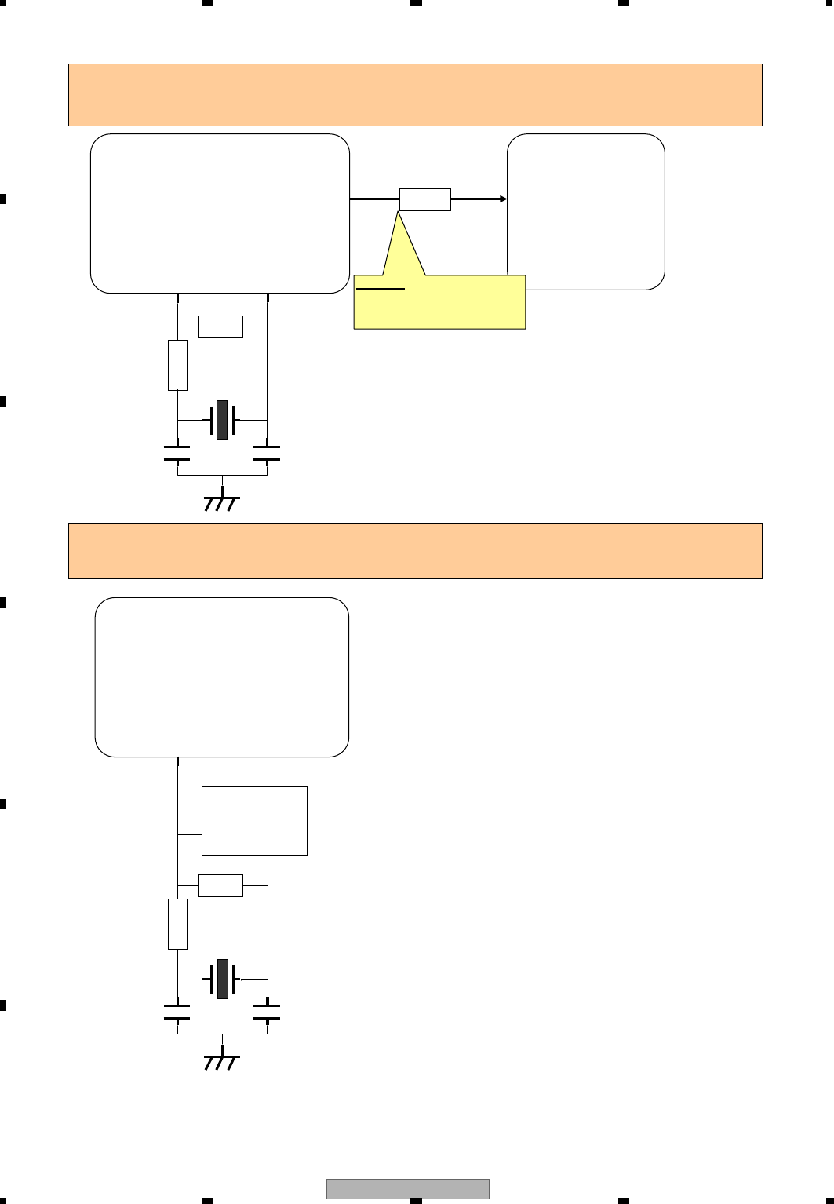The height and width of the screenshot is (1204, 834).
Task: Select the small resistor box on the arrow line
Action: (x=425, y=199)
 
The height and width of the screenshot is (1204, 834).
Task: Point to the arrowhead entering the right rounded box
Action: (x=503, y=199)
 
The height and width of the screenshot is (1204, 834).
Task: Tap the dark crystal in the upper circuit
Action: (x=222, y=420)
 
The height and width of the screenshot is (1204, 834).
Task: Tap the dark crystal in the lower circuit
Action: (x=222, y=979)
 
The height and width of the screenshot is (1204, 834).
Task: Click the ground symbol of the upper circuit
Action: (x=222, y=503)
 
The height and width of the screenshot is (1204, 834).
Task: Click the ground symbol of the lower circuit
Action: (x=222, y=1062)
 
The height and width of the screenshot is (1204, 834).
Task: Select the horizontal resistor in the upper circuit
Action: (x=220, y=327)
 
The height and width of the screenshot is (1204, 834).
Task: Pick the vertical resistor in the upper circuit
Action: (x=178, y=365)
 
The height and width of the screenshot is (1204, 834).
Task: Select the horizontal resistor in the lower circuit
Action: (x=220, y=885)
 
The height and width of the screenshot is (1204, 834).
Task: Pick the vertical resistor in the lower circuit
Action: (x=178, y=924)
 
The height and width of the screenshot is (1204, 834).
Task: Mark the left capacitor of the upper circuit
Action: (x=177, y=453)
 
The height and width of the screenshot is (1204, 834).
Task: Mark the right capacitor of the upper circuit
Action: (x=267, y=453)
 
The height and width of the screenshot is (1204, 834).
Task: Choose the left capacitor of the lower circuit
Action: (x=177, y=1012)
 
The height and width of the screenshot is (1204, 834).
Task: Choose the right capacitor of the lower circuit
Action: (x=267, y=1012)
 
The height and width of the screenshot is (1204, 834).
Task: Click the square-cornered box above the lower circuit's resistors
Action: (x=254, y=820)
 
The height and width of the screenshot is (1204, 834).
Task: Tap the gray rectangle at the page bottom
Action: (x=408, y=1189)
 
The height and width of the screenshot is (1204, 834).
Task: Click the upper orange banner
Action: (x=415, y=95)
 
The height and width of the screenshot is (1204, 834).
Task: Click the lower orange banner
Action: (x=415, y=551)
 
